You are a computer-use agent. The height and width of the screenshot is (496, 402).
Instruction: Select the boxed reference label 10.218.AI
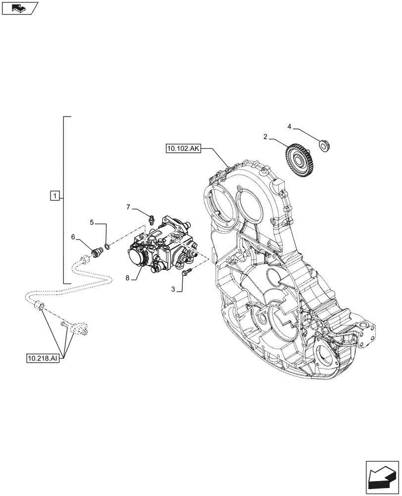pyautogui.click(x=43, y=358)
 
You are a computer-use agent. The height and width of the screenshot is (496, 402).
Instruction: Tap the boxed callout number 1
pyautogui.click(x=54, y=195)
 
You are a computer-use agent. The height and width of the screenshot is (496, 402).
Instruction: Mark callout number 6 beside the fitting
pyautogui.click(x=73, y=237)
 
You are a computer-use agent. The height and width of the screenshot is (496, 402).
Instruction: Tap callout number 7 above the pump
pyautogui.click(x=128, y=206)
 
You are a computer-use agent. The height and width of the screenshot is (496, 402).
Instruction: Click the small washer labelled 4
pyautogui.click(x=325, y=146)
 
